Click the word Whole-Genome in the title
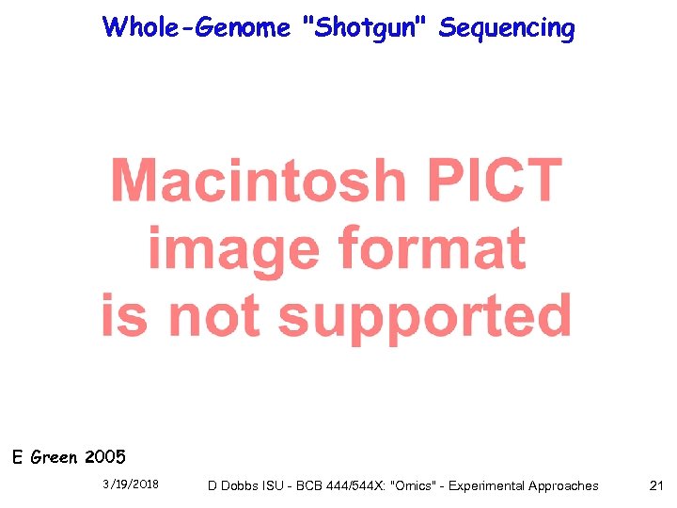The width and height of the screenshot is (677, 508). click(x=197, y=27)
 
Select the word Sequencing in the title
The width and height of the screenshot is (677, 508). click(x=507, y=27)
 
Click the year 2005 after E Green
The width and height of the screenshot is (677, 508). click(x=104, y=458)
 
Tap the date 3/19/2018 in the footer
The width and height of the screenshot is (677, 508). click(x=131, y=485)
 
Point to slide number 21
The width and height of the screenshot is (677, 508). click(x=656, y=485)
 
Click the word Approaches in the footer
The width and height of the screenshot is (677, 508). click(x=563, y=486)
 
